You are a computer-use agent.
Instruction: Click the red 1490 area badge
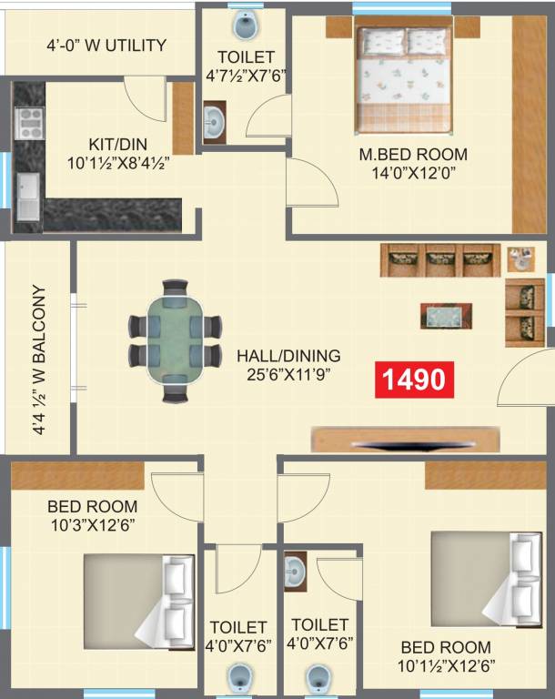coord(413,379)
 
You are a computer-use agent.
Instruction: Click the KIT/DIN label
coord(118,144)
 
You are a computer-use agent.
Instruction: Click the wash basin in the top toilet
coord(214,121)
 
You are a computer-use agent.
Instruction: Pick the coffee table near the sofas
coord(446,315)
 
